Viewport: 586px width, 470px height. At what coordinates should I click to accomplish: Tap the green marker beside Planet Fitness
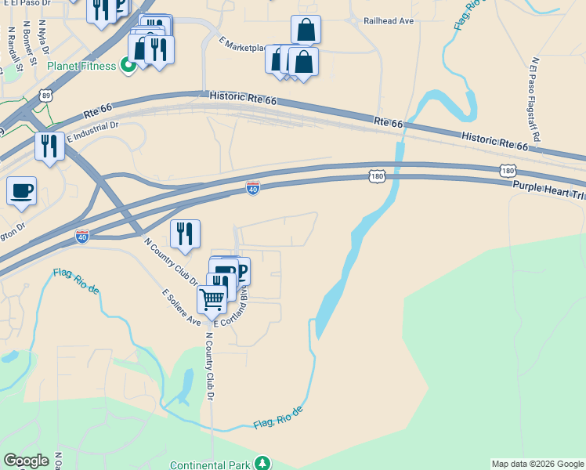coord(127,67)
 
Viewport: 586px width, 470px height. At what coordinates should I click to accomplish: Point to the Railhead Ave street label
coord(389,21)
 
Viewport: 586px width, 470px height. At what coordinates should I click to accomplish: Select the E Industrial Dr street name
coord(92,131)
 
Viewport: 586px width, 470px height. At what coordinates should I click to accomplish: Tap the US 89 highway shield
coord(45,95)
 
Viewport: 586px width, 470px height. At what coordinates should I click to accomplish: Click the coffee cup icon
coord(21,190)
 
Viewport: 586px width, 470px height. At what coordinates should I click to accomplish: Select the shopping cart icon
coord(212,298)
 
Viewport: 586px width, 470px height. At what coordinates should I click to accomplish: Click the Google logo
coord(26,461)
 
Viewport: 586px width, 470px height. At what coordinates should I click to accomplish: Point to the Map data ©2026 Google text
coord(537,464)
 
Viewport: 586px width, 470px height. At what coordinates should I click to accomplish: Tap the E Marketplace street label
coord(243,45)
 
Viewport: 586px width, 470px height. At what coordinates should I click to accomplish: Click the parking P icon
coord(241,272)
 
